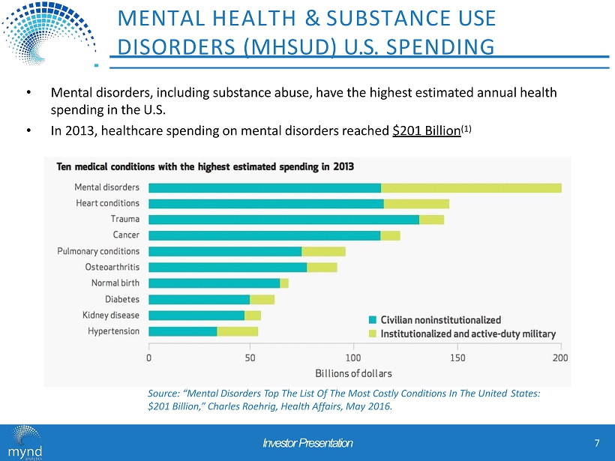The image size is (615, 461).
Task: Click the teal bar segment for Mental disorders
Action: pyautogui.click(x=265, y=187)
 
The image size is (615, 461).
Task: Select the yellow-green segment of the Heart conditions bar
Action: pyautogui.click(x=416, y=203)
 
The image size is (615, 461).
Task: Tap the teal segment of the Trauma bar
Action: pyautogui.click(x=283, y=219)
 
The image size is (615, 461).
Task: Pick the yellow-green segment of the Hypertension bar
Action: pyautogui.click(x=237, y=331)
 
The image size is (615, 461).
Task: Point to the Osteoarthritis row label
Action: pyautogui.click(x=112, y=267)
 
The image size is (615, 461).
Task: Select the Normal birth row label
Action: pyautogui.click(x=115, y=283)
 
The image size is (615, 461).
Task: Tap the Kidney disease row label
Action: pyautogui.click(x=110, y=315)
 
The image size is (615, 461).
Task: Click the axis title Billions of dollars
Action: pyautogui.click(x=354, y=373)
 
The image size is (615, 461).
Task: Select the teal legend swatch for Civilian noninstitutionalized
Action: pyautogui.click(x=373, y=320)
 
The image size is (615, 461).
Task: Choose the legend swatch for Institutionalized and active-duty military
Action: pyautogui.click(x=373, y=334)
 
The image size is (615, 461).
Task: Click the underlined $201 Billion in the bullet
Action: pyautogui.click(x=426, y=130)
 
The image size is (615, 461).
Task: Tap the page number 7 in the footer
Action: pyautogui.click(x=596, y=443)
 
